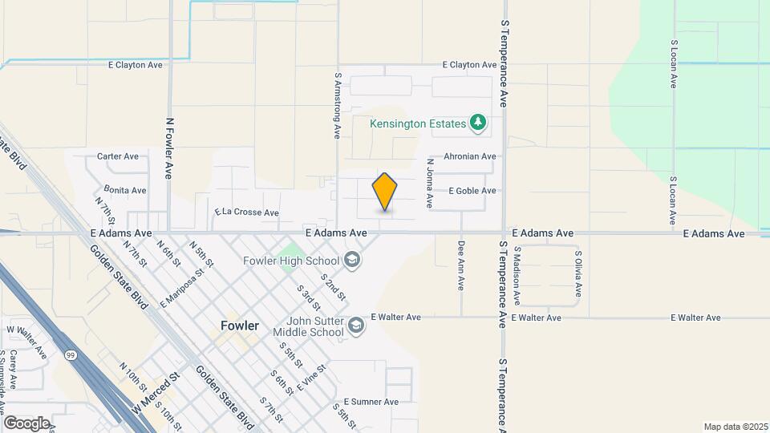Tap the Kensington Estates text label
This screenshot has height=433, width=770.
pyautogui.click(x=417, y=123)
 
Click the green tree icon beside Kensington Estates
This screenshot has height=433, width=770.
pyautogui.click(x=479, y=123)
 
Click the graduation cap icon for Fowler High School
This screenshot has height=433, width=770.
pyautogui.click(x=351, y=261)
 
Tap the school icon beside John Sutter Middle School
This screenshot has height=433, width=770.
pyautogui.click(x=357, y=325)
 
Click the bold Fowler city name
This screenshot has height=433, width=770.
pyautogui.click(x=240, y=326)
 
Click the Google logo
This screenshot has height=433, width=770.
pyautogui.click(x=26, y=423)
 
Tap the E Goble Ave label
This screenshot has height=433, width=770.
pyautogui.click(x=472, y=191)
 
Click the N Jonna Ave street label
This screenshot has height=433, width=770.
pyautogui.click(x=429, y=184)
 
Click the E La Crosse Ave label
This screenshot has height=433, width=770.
pyautogui.click(x=246, y=213)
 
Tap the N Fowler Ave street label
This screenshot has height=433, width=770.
pyautogui.click(x=169, y=148)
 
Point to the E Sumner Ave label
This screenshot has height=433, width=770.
pyautogui.click(x=371, y=402)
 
